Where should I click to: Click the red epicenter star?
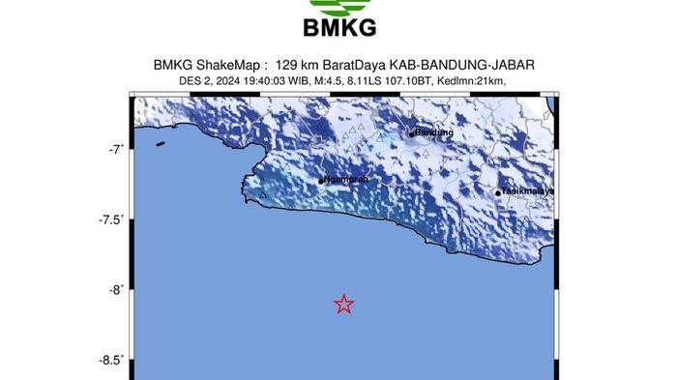coord(343,305)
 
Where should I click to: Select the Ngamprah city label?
coord(347,180)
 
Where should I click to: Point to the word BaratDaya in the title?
coord(368,65)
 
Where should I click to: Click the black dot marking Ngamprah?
coord(321,181)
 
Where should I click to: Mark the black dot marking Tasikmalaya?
coord(498,192)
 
